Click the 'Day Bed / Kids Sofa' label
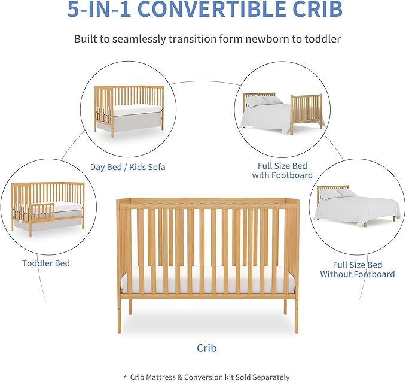pos(127,167)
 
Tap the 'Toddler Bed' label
pos(46,263)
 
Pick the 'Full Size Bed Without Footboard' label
pos(357,269)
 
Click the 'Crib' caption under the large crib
pos(206,348)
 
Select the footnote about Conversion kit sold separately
pos(206,377)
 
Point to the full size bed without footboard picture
pos(358,207)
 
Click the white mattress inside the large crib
pos(206,280)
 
